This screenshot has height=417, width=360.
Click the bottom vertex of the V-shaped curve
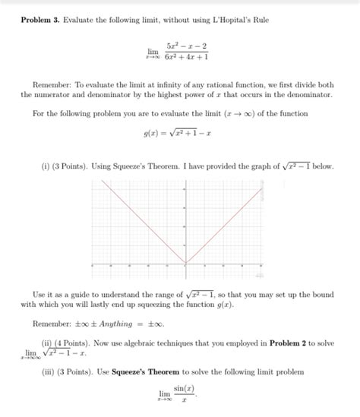[x=185, y=263]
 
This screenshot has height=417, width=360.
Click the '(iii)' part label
[x=48, y=371]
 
